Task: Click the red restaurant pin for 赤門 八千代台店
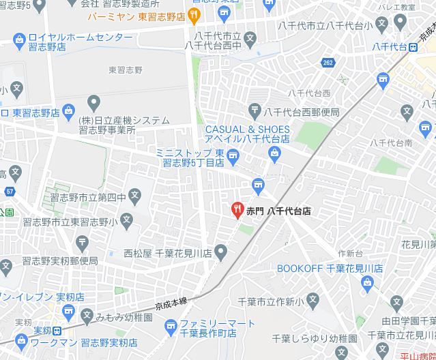tap(237, 210)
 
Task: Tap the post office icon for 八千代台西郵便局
tap(255, 108)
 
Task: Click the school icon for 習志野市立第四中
tap(135, 197)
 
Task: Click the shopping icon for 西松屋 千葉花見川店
tap(220, 252)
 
